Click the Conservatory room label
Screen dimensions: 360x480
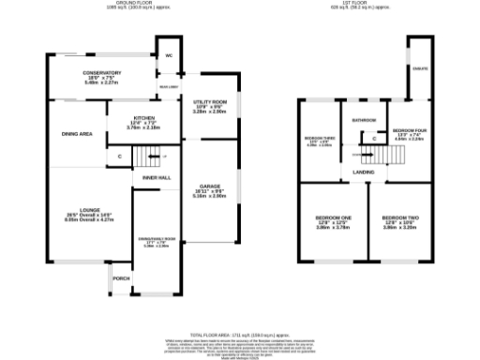coord(103,73)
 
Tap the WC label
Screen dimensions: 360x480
coord(169,56)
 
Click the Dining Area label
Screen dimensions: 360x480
coord(77,135)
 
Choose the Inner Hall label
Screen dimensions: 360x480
coord(156,177)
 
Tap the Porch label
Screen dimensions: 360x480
coord(121,278)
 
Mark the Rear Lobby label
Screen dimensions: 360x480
coord(170,86)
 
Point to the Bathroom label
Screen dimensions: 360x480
coord(364,120)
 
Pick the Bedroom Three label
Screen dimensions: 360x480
coord(320,141)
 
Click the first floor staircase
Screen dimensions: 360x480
coord(381,156)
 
